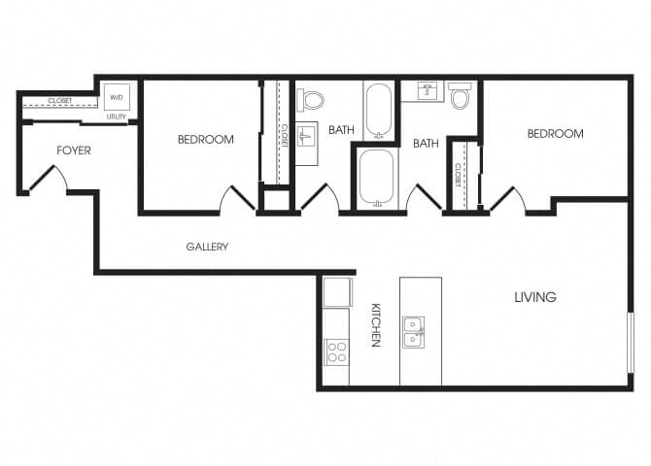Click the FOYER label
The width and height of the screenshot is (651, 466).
[74, 150]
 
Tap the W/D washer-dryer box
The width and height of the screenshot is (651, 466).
[117, 97]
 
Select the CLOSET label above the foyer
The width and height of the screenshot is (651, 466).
[59, 100]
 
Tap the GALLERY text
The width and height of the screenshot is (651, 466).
[207, 247]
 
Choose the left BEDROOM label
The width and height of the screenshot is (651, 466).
[205, 140]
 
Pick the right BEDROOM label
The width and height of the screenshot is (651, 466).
[555, 134]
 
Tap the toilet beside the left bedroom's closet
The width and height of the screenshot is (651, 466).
[312, 98]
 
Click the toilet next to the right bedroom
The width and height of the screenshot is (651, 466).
[460, 96]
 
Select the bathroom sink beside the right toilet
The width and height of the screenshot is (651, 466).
[426, 91]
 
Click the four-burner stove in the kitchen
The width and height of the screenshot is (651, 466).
[336, 351]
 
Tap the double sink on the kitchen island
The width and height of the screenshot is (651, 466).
[414, 331]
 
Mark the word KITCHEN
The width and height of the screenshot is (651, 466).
[375, 324]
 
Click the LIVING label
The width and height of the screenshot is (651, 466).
[535, 297]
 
